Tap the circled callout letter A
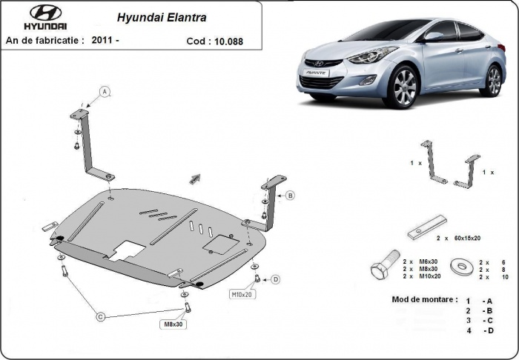(105, 92)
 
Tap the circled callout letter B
(290, 196)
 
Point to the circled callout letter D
(275, 279)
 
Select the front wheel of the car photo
(404, 87)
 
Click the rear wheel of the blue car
(492, 80)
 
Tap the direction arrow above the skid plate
(196, 177)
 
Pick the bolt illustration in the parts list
(383, 267)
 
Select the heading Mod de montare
(423, 299)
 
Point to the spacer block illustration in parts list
(426, 227)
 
